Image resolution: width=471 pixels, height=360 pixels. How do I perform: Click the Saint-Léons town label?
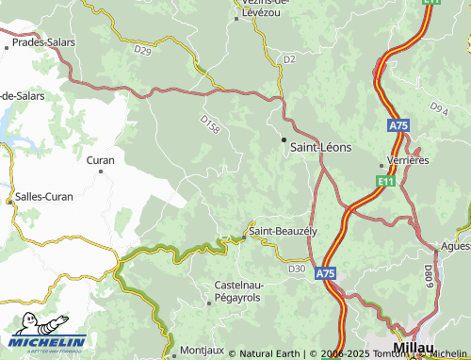pos(322,146)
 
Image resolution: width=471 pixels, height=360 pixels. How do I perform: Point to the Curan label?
pos(100,160)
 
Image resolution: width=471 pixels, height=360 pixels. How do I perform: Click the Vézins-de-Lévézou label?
pos(263,9)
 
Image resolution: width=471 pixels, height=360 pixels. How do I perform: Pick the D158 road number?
pos(210,124)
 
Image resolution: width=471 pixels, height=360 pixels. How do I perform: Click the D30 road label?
pos(297,269)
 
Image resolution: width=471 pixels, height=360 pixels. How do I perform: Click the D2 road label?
pos(289,59)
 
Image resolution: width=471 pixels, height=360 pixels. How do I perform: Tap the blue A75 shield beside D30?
pos(325,273)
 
